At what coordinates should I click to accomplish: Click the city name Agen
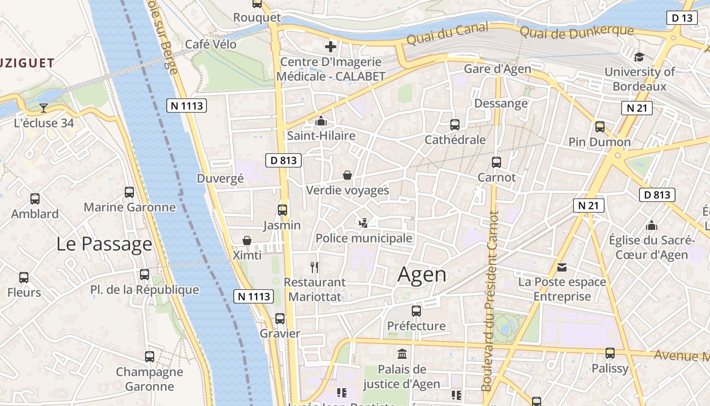coord(422,275)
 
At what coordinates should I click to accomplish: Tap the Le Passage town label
coord(104,244)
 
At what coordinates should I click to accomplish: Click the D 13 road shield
coord(681,18)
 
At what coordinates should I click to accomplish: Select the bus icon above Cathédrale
coord(455,124)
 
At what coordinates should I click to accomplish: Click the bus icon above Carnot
coord(496,162)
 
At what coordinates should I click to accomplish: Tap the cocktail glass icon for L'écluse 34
coord(44,108)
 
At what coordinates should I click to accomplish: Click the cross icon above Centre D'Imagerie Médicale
coord(331,47)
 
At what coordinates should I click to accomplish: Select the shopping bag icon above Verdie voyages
coord(347,175)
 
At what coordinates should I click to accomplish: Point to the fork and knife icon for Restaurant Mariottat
coord(314,267)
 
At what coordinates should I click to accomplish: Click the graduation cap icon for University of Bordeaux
coord(639,57)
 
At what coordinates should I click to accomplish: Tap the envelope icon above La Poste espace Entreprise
coord(562,267)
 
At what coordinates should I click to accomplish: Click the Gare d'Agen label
coord(498,69)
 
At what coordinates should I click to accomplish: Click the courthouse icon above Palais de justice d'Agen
coord(402,353)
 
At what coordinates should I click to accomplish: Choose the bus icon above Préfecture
coord(416,311)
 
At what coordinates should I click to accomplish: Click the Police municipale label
coord(364,238)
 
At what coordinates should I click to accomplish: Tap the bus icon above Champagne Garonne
coord(150,356)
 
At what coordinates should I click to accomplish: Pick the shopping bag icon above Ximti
coord(247,240)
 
